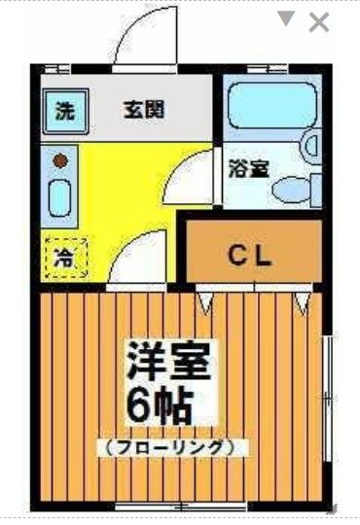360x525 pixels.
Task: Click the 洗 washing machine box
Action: [x=64, y=110]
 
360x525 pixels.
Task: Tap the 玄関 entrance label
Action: [x=143, y=109]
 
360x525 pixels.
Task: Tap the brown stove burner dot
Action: [x=60, y=158]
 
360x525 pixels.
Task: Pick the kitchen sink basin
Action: [x=60, y=198]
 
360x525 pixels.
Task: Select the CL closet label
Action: [x=253, y=256]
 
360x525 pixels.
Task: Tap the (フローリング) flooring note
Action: [x=170, y=448]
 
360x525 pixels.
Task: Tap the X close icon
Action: [x=319, y=22]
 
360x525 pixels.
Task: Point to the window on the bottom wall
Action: [x=181, y=507]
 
